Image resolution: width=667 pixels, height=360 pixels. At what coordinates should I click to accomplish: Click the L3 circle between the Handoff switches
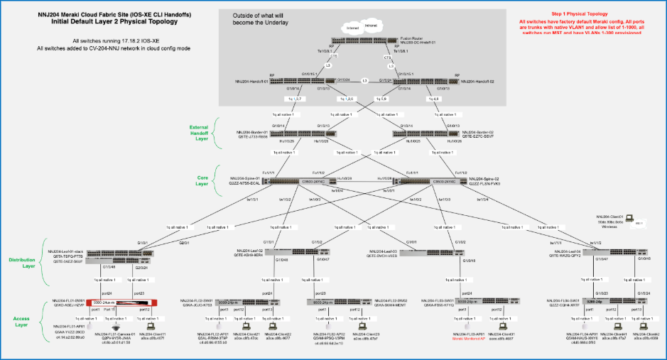tap(363, 80)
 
